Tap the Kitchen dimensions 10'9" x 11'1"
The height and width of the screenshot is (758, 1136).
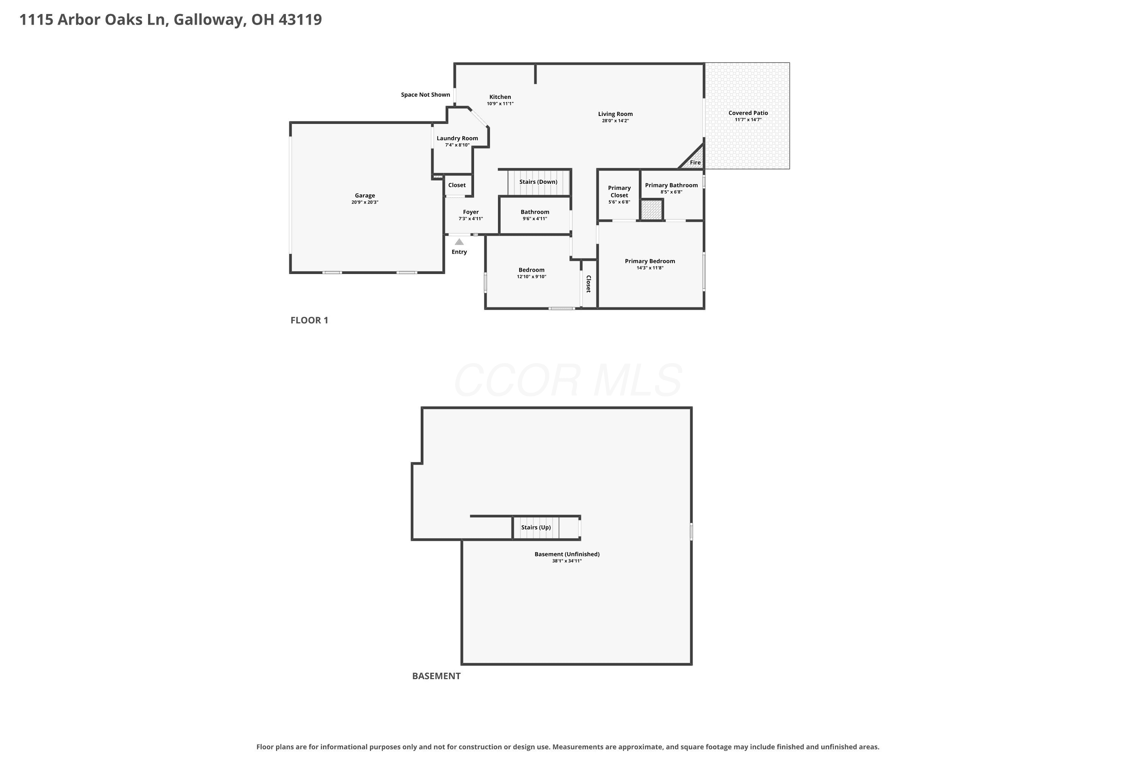pyautogui.click(x=500, y=103)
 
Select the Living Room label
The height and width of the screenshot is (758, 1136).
pyautogui.click(x=615, y=114)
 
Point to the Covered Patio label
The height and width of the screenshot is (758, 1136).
pyautogui.click(x=748, y=113)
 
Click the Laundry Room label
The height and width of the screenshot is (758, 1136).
pyautogui.click(x=457, y=138)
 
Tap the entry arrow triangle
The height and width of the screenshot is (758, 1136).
pyautogui.click(x=459, y=242)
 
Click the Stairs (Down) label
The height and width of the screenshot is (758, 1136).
pyautogui.click(x=538, y=182)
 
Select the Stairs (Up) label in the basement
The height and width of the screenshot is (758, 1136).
pyautogui.click(x=536, y=528)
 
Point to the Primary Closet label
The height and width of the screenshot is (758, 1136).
pyautogui.click(x=619, y=191)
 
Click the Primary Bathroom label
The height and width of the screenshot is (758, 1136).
pyautogui.click(x=671, y=185)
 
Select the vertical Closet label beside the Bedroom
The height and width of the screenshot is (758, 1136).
pyautogui.click(x=588, y=284)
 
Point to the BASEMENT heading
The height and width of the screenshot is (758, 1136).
pyautogui.click(x=436, y=676)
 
